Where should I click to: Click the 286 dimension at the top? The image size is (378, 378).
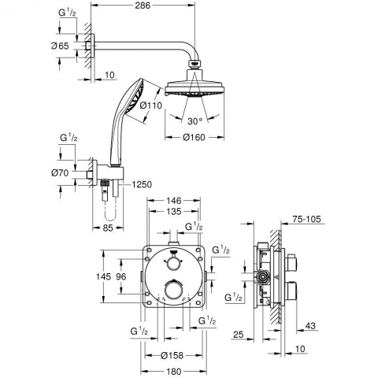pos(143,6)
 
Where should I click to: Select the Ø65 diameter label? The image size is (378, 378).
pos(60,46)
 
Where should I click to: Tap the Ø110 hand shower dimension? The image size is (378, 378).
pos(151,106)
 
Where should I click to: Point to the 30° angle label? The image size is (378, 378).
pos(195,121)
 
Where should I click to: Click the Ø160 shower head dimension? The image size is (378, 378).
pos(195,137)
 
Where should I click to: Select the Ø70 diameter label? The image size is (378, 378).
pos(60,173)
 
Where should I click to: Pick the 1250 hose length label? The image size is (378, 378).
pos(142,184)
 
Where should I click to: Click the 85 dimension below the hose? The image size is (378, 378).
pos(108,228)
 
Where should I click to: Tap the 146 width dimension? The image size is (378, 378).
pos(174,201)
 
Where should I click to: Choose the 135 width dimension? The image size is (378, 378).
pos(174,211)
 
